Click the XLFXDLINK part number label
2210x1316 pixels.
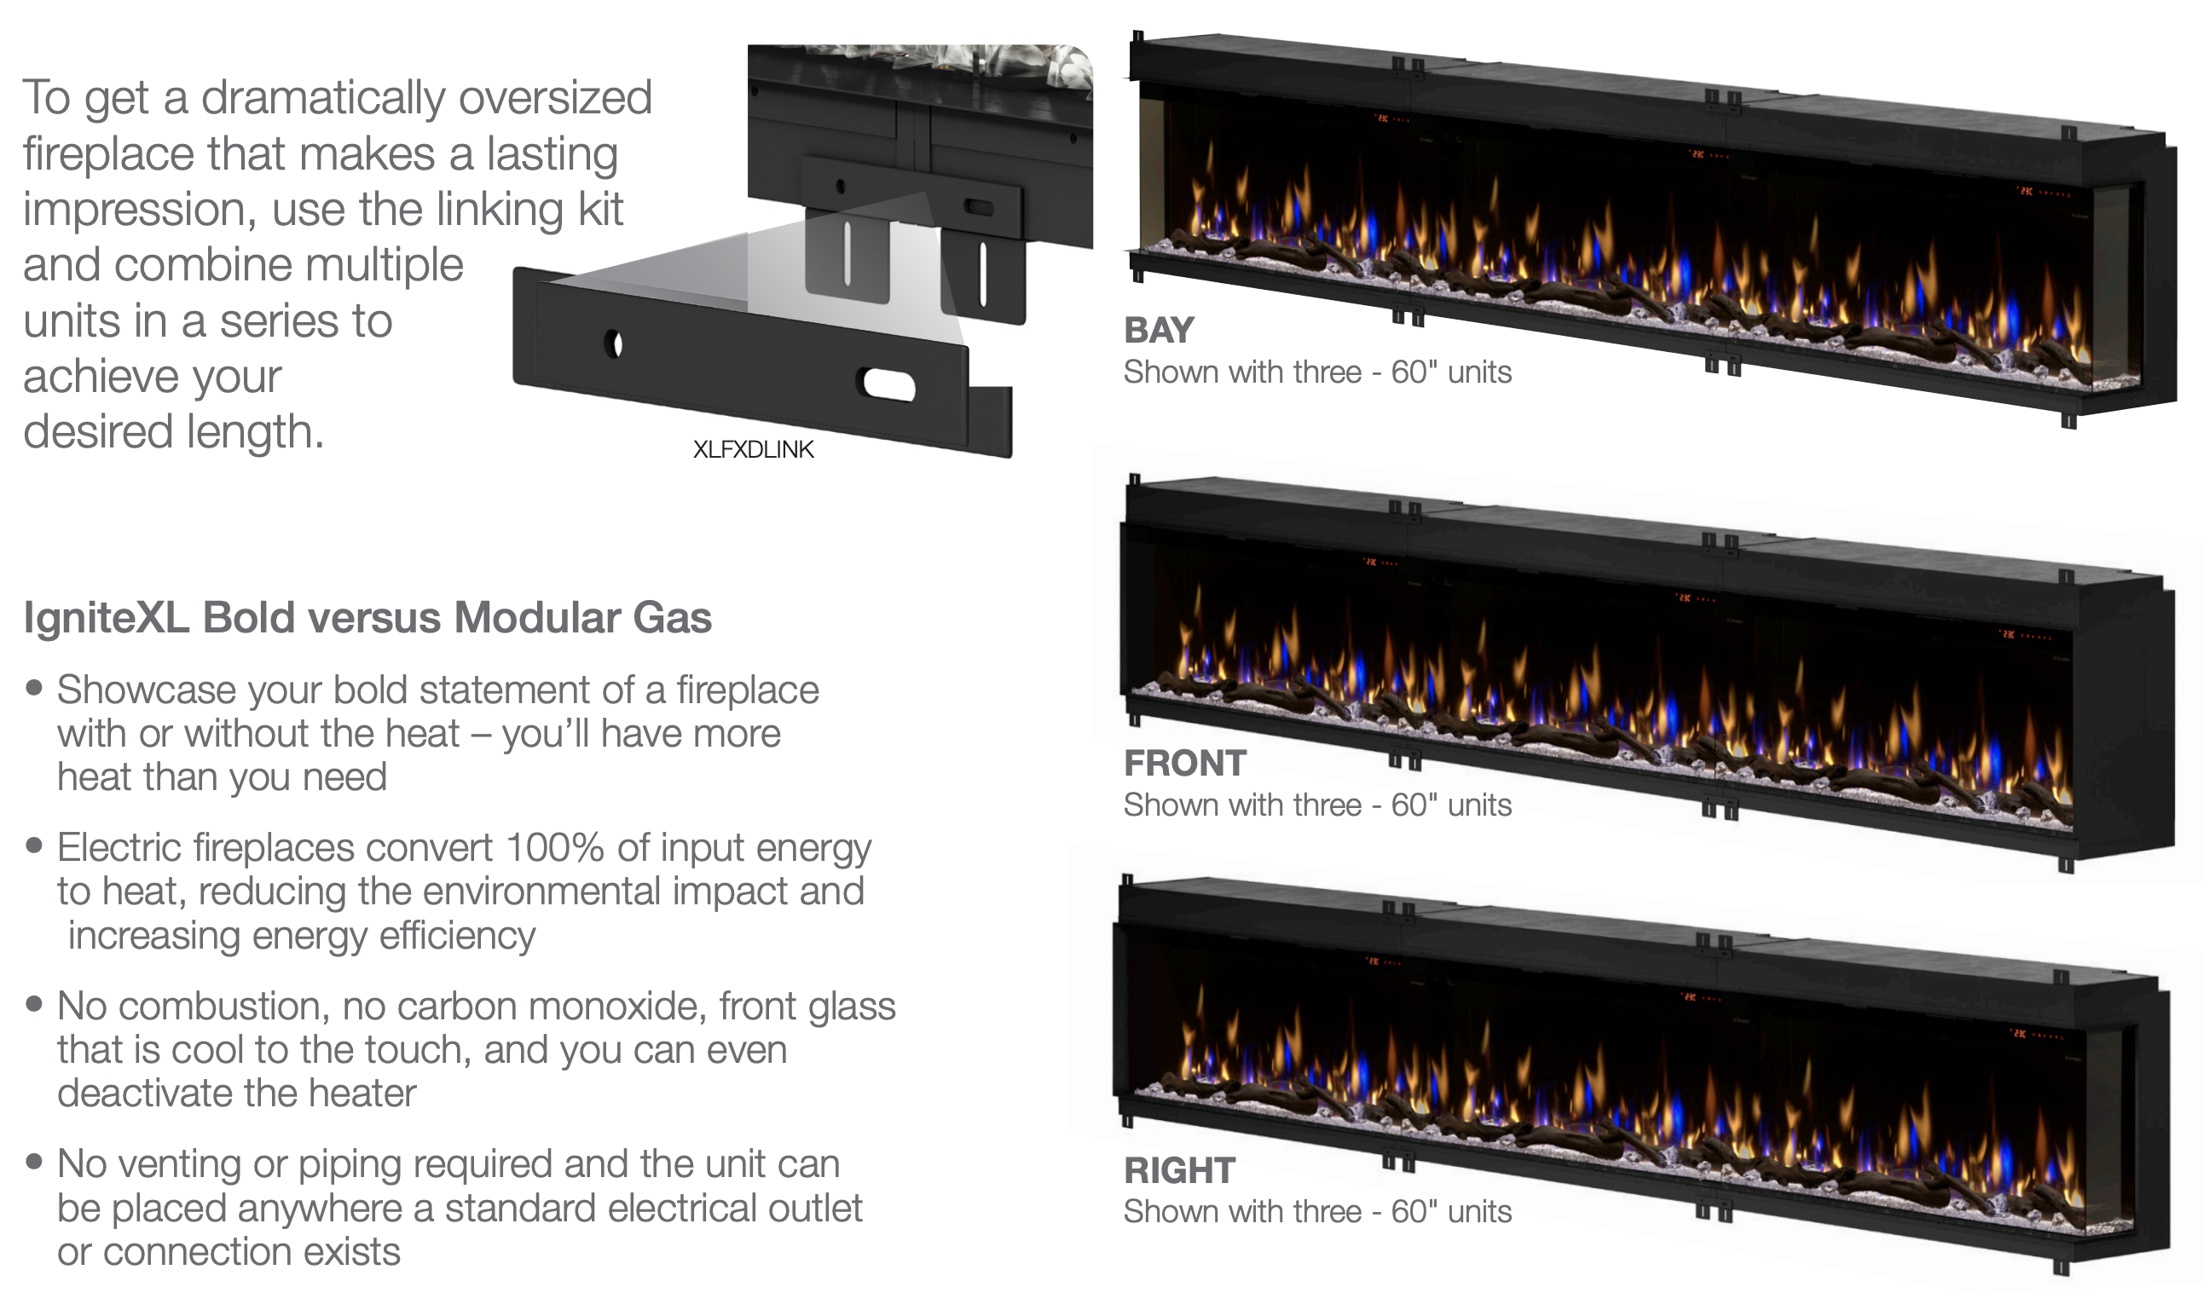(753, 449)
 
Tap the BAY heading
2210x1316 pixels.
(1159, 331)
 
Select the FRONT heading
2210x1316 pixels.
(1185, 764)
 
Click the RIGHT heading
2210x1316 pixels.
(1179, 1171)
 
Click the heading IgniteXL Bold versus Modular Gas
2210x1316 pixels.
(367, 618)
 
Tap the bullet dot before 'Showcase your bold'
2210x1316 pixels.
(35, 687)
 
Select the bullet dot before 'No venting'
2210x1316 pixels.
(35, 1162)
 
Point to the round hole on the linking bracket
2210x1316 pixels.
(614, 344)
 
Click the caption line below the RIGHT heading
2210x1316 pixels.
(1317, 1212)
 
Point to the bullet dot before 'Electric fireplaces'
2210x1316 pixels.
(35, 846)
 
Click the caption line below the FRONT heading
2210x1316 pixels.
(1317, 806)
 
